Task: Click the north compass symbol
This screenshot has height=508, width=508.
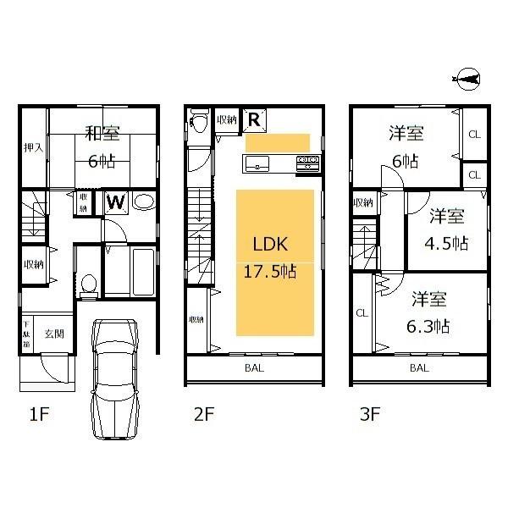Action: pos(468,80)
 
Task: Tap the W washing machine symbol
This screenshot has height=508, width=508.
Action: pos(116,202)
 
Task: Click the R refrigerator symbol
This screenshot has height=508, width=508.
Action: pos(253,120)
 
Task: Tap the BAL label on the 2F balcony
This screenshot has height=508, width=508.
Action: pos(254,368)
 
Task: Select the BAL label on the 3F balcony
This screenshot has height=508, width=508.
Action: pos(418,368)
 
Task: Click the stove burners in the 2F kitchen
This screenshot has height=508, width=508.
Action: pos(307,161)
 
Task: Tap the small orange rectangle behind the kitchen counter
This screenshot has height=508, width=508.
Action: pos(278,141)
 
